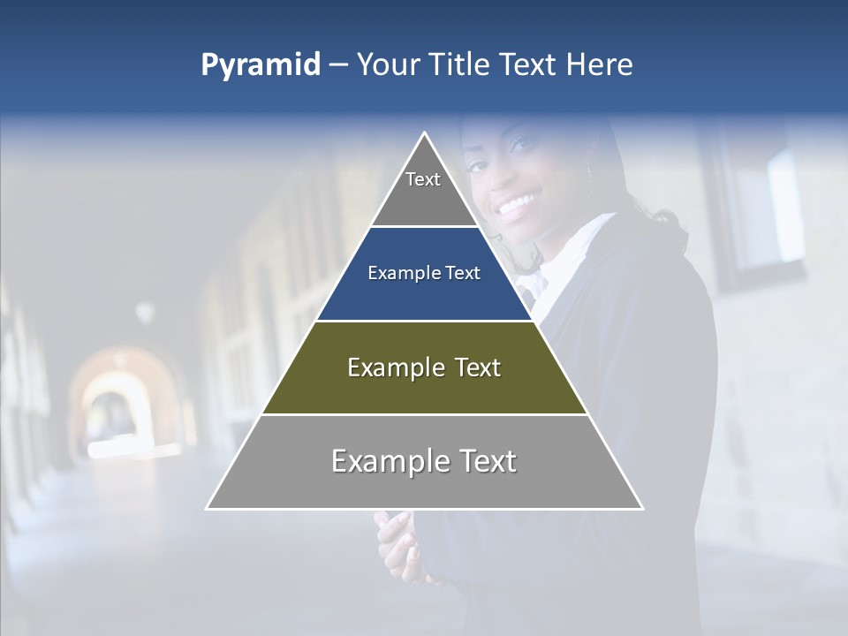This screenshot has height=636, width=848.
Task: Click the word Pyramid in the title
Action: pos(260,65)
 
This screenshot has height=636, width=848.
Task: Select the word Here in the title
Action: pos(599,65)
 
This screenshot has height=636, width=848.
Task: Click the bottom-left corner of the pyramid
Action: pos(208,508)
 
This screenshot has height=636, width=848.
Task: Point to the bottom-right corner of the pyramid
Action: pos(642,508)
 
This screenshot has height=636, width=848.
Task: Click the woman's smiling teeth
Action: pos(519,207)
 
